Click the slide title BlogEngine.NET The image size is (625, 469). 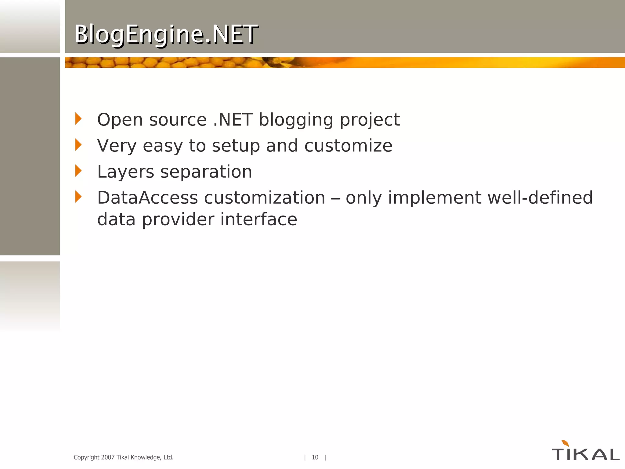[166, 34]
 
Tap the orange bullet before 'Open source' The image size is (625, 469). [78, 119]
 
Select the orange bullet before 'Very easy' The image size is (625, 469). [78, 145]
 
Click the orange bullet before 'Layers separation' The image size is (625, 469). [78, 171]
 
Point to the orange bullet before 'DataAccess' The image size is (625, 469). [78, 197]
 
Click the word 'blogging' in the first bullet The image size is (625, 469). [296, 120]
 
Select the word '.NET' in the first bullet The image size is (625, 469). [233, 120]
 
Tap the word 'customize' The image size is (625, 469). [348, 146]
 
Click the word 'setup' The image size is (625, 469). [236, 146]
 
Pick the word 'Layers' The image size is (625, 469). [125, 172]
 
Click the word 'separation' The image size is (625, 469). [206, 172]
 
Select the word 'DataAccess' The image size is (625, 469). [147, 198]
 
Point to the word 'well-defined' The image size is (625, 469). [540, 198]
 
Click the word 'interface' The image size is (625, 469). [258, 220]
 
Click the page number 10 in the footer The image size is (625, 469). [315, 457]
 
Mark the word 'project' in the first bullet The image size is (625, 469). [370, 120]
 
